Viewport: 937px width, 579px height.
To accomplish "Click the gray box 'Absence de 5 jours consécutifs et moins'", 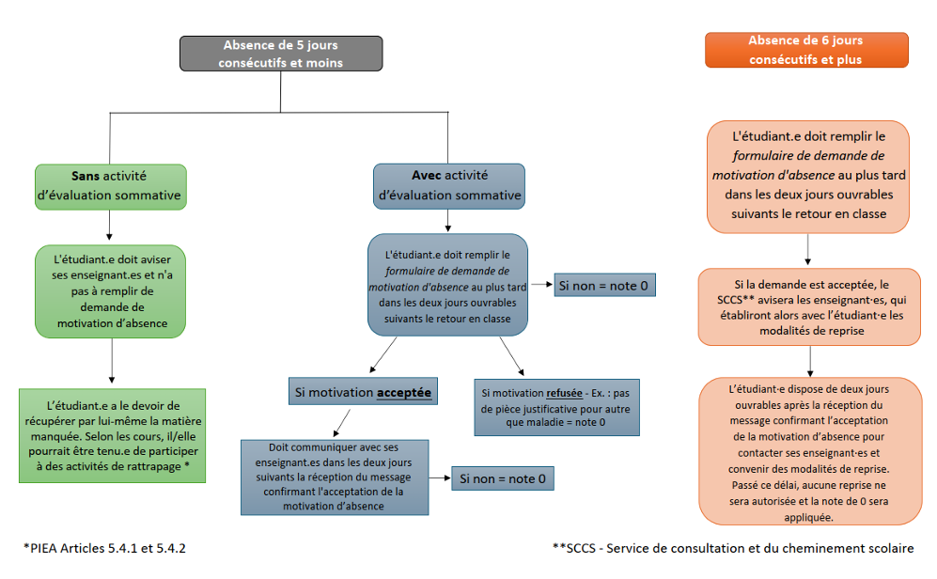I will [x=281, y=54].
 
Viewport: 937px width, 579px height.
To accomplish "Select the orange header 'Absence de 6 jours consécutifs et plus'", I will [x=806, y=50].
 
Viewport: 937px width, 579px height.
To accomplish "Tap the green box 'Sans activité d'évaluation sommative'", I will [x=110, y=186].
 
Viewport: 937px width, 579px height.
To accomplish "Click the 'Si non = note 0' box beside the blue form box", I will [x=603, y=285].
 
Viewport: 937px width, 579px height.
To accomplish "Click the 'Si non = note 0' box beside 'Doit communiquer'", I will [x=501, y=479].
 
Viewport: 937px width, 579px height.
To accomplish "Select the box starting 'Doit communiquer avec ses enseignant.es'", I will [x=335, y=477].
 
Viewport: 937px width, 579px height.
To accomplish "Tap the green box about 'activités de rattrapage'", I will [x=112, y=434].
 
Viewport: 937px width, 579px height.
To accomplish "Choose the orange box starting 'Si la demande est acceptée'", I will [x=810, y=306].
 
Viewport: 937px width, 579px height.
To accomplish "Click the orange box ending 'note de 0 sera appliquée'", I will [x=810, y=451].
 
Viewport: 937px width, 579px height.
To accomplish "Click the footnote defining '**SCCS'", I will [x=733, y=547].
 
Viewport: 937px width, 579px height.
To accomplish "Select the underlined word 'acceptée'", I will [x=404, y=391].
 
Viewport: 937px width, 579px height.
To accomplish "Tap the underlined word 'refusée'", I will [x=562, y=392].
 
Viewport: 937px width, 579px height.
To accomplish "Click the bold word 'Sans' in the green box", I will [x=86, y=176].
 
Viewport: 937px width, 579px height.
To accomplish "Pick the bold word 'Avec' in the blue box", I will [x=427, y=176].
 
